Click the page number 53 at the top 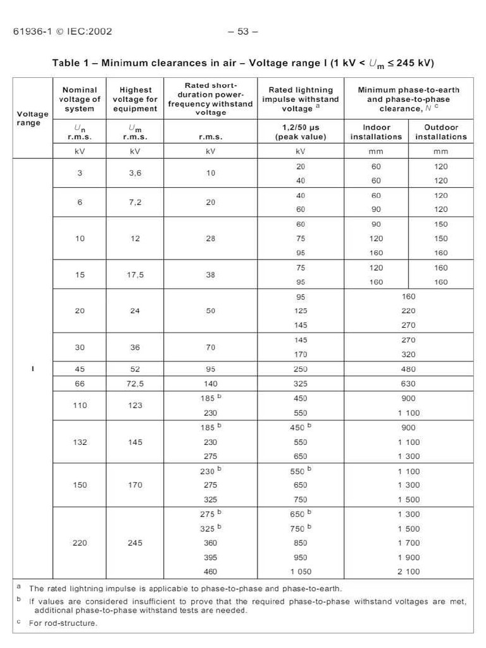coord(243,32)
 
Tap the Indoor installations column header coord(376,132)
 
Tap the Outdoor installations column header coord(440,132)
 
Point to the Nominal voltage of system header coord(80,99)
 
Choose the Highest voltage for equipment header coord(135,99)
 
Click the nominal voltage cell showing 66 coord(80,383)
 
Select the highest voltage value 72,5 coord(135,383)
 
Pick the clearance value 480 coord(408,369)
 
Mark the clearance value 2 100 coord(408,571)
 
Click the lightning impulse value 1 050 coord(301,571)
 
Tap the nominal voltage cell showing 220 coord(80,543)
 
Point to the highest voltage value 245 coord(135,543)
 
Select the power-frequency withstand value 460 coord(210,571)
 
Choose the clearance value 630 coord(408,383)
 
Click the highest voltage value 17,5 coord(135,275)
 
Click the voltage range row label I coord(32,368)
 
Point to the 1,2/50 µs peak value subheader coord(301,132)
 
